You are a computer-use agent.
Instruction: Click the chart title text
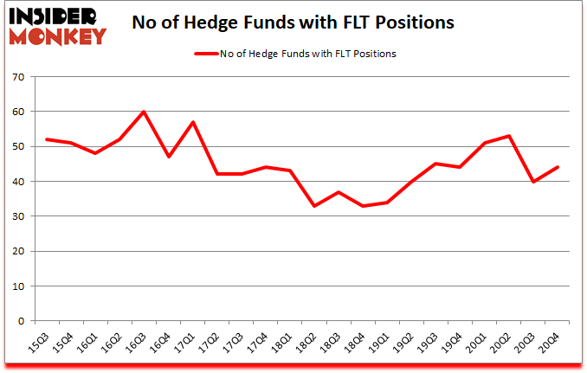point(293,23)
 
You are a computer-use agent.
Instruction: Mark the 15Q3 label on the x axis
point(38,345)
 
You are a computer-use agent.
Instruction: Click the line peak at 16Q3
point(143,112)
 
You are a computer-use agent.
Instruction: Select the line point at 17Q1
point(192,122)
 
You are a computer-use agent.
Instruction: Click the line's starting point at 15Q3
point(46,139)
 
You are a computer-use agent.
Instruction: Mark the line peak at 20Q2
point(509,136)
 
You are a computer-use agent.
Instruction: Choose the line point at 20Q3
point(533,181)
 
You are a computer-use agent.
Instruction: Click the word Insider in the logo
point(54,16)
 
